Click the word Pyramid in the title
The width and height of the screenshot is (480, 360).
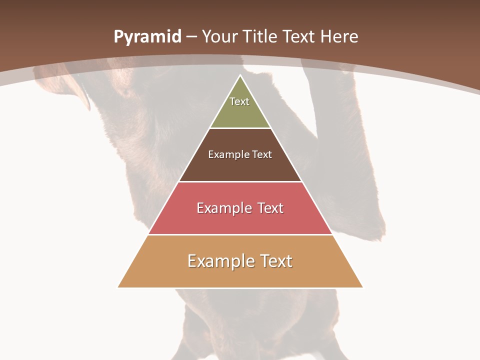[147, 37]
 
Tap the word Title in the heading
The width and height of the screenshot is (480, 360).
[262, 37]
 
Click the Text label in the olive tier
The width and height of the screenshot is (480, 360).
[239, 101]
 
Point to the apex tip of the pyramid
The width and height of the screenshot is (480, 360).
[240, 76]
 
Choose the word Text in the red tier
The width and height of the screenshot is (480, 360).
[270, 208]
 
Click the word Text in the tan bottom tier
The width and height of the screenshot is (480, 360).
[276, 261]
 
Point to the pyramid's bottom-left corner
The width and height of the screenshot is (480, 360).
[118, 287]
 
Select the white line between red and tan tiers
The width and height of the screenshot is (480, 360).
[240, 234]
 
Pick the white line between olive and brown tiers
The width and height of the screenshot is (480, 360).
[240, 128]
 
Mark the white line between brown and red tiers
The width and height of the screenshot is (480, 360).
[240, 181]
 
